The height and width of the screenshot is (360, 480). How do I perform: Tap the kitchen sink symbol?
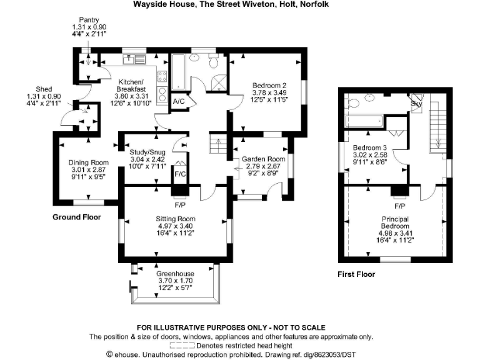pos(130,60)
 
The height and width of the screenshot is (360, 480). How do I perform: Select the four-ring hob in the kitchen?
pos(162,77)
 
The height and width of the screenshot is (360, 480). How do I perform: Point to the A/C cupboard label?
pos(178,101)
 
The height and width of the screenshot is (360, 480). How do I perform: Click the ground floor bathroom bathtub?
pos(177,74)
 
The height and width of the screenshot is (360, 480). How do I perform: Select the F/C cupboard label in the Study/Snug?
pos(179,174)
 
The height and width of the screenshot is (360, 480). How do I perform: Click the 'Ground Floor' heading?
pos(78,217)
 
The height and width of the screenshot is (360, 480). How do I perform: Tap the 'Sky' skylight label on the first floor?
pos(415,103)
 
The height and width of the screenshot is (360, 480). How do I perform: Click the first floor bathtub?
pos(363,119)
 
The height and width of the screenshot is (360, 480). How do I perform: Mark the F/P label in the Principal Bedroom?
pos(399,206)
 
